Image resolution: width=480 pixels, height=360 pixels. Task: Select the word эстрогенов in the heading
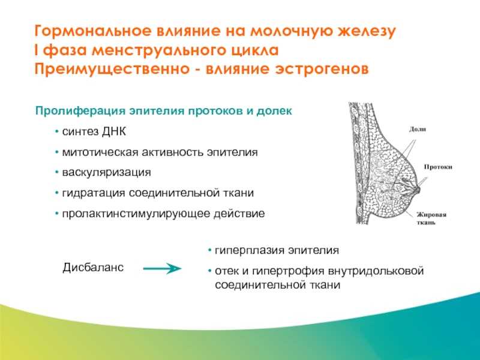click(x=322, y=69)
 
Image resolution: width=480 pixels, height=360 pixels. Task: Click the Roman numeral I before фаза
click(x=37, y=50)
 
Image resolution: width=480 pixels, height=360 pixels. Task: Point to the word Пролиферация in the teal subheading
click(x=80, y=111)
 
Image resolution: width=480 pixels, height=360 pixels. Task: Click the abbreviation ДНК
click(x=113, y=131)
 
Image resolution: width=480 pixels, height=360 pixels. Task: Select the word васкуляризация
click(x=107, y=172)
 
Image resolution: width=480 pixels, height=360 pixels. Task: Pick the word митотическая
click(x=100, y=152)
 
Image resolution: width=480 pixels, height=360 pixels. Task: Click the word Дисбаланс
click(x=93, y=267)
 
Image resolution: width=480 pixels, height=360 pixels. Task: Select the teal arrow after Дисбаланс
click(x=162, y=268)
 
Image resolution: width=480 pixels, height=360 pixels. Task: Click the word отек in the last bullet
click(x=228, y=271)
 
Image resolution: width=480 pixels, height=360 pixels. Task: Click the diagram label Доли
click(x=418, y=129)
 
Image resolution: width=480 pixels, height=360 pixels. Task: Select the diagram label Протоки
click(x=438, y=167)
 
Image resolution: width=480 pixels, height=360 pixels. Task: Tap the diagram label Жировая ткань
click(x=431, y=218)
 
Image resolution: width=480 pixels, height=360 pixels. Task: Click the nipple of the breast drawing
click(x=418, y=190)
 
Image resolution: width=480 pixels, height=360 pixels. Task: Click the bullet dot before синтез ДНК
click(x=56, y=132)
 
